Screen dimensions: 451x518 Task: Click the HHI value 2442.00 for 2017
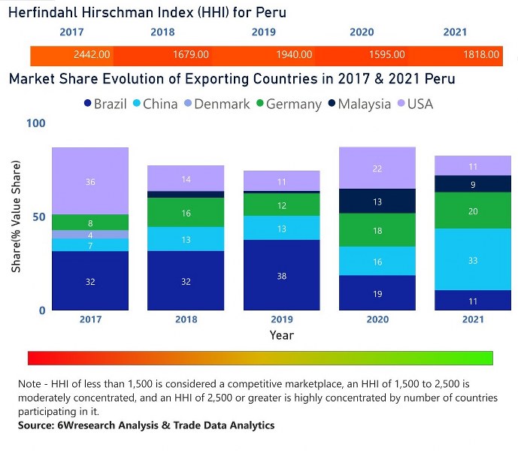coord(92,55)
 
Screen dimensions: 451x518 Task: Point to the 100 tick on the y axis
coord(35,123)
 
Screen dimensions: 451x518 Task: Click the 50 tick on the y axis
coord(39,216)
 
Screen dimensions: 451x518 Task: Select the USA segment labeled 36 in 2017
coord(90,181)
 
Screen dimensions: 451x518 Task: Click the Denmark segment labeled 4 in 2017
coord(90,235)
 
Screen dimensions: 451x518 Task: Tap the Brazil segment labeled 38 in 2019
coord(281,275)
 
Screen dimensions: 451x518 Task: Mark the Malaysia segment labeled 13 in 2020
coord(377,201)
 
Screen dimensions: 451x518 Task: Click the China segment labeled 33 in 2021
coord(473,259)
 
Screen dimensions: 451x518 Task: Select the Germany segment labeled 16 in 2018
coord(186,213)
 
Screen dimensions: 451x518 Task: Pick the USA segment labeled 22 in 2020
coord(377,168)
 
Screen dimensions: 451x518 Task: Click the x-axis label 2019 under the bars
coord(281,319)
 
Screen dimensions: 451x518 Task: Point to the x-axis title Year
coord(281,335)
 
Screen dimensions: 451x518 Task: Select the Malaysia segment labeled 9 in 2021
coord(473,184)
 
